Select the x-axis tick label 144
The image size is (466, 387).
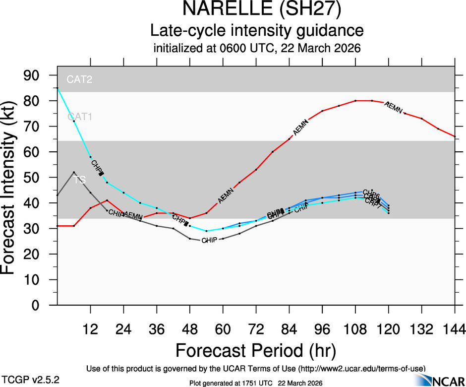pyautogui.click(x=455, y=329)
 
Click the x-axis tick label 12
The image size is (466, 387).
pyautogui.click(x=90, y=329)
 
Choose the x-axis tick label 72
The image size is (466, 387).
pyautogui.click(x=256, y=329)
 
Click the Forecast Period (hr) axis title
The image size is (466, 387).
pyautogui.click(x=256, y=351)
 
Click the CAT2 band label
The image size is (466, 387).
pyautogui.click(x=79, y=79)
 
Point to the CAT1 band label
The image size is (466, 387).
pyautogui.click(x=79, y=117)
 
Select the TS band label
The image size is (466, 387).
pyautogui.click(x=79, y=180)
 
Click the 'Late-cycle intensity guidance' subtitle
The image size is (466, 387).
pyautogui.click(x=257, y=31)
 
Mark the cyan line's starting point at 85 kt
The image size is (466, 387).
pyautogui.click(x=58, y=88)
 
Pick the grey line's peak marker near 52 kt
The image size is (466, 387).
pyautogui.click(x=74, y=172)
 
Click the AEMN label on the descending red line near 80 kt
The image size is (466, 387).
pyautogui.click(x=393, y=107)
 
